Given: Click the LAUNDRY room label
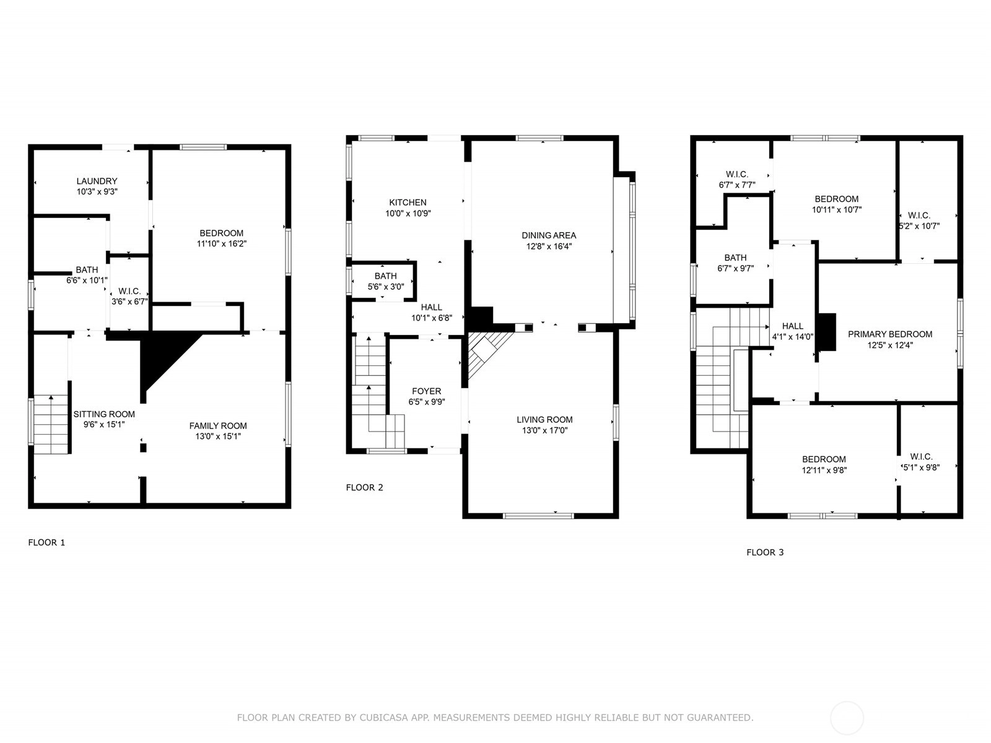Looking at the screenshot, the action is coord(97,181).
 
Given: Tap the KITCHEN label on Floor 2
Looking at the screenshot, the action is coord(408,202).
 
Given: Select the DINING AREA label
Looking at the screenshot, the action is coord(549,235).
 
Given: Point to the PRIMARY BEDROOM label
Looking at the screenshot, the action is coord(890,334).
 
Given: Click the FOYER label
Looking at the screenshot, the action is coord(426,391).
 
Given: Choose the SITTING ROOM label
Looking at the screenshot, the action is coord(104,414).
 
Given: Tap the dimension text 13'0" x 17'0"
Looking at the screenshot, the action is coord(544,430).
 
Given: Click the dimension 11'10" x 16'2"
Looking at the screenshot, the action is coord(221,243).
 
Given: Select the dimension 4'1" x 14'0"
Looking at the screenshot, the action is coord(792,337).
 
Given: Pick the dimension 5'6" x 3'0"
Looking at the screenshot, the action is coord(386,287).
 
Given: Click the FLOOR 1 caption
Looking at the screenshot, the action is coord(46,542).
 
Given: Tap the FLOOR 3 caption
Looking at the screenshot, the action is coord(765,552).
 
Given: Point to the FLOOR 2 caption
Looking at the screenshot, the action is coord(364,487).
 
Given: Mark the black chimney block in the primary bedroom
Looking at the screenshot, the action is coord(827,332).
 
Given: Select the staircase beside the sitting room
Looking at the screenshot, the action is coord(51,425).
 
